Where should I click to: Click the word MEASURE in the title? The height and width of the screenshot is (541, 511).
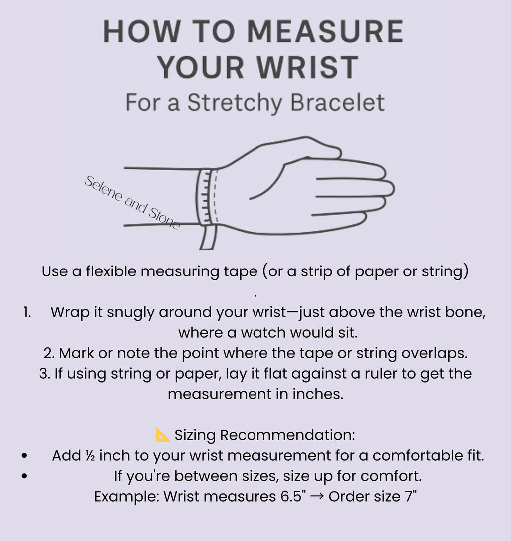coord(325,31)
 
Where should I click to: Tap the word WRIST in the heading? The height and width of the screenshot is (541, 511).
coord(308,67)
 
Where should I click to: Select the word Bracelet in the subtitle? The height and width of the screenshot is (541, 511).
coord(337,102)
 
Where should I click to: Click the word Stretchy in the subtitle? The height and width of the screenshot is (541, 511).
coord(235,103)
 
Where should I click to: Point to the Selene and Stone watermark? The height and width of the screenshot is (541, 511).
coord(132,202)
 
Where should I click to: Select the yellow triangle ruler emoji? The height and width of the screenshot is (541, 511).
coord(163,435)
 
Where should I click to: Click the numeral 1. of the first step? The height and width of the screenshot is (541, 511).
coord(27,312)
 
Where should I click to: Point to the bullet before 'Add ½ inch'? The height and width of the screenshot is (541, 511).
coord(24,456)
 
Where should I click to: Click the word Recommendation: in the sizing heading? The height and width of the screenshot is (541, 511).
coord(287,435)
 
